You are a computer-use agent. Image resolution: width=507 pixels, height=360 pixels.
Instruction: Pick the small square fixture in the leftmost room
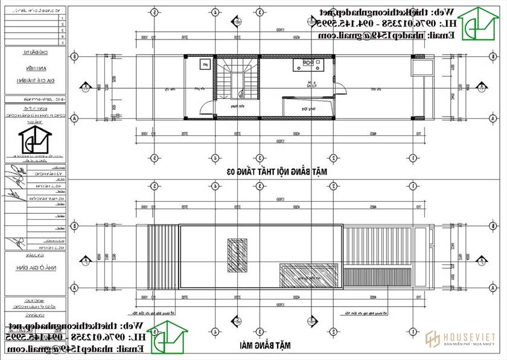[205, 63]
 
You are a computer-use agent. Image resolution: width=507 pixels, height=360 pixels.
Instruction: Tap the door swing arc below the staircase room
[208, 109]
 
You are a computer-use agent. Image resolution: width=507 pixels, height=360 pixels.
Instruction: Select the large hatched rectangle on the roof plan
[310, 275]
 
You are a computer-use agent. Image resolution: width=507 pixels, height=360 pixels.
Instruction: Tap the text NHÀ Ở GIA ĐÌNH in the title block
[35, 272]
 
